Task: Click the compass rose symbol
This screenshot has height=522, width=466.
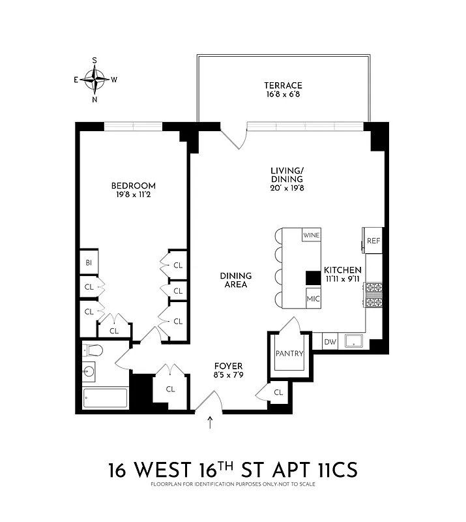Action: click(95, 80)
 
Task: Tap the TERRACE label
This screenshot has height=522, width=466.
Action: click(283, 85)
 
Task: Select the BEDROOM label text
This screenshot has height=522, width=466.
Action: click(133, 186)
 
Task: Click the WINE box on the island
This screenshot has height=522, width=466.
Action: click(311, 235)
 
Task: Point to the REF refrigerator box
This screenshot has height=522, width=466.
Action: click(373, 241)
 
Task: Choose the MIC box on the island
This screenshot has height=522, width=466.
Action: click(313, 299)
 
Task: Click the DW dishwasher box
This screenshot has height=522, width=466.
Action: click(329, 341)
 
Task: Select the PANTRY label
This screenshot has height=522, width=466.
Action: click(289, 354)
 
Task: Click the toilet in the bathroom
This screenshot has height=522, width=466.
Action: click(92, 350)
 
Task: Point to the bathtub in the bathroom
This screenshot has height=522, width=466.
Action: click(106, 397)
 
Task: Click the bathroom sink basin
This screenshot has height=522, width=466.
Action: click(91, 373)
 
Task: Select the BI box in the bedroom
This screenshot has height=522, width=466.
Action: click(88, 263)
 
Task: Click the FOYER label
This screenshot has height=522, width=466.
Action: click(228, 366)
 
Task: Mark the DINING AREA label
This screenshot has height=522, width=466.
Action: click(235, 280)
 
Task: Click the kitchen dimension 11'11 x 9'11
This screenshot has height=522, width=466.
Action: click(343, 279)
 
